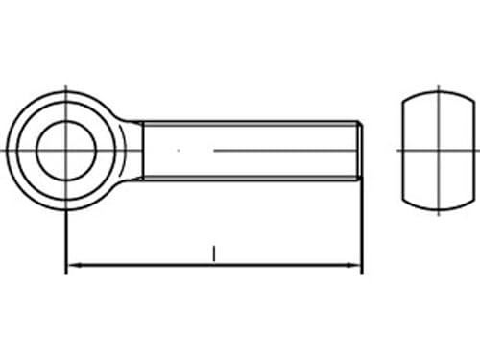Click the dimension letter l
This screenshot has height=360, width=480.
[214, 253]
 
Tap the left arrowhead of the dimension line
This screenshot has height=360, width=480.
[74, 265]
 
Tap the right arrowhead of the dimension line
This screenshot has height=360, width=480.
[354, 265]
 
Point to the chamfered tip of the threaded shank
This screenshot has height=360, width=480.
[360, 151]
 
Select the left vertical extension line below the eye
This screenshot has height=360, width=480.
[66, 242]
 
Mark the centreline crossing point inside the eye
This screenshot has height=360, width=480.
[66, 150]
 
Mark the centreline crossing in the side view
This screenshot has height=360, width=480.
[439, 150]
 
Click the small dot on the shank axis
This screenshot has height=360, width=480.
[179, 150]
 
